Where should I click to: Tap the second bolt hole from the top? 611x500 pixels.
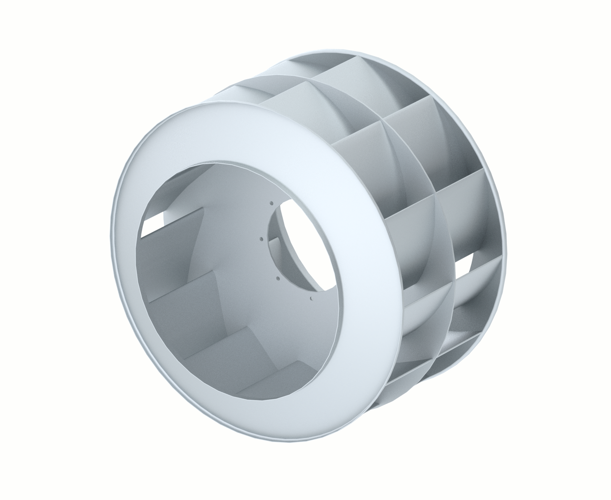point(262,239)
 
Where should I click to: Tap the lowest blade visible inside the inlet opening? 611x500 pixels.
point(272,377)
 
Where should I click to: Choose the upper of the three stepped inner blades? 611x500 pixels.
point(181,296)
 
